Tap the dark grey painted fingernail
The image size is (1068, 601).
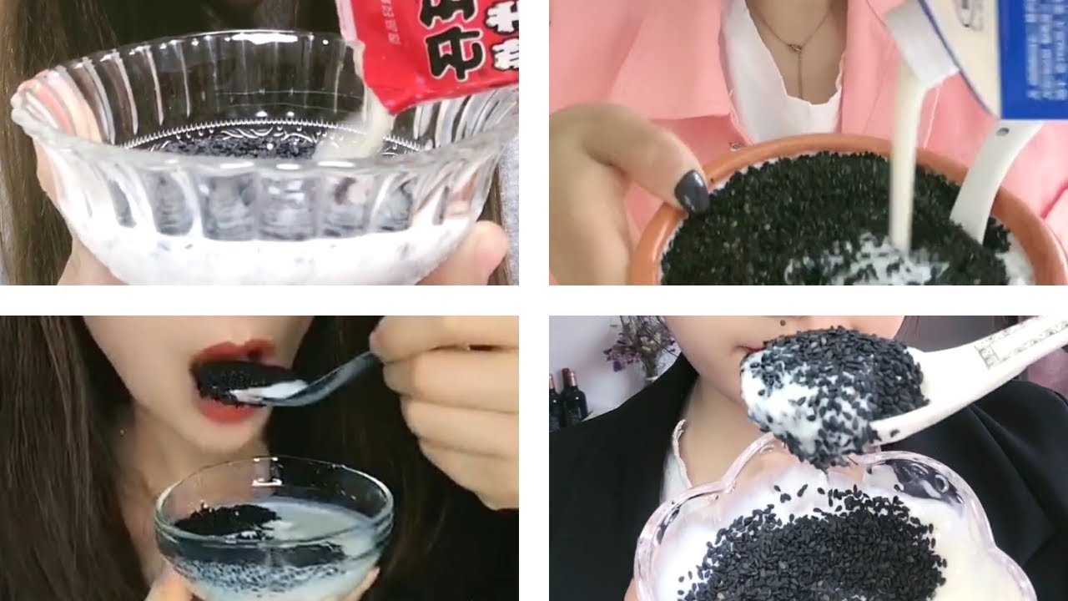click(691, 191)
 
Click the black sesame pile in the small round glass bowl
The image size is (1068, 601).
click(225, 522)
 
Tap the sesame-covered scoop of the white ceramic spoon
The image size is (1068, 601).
click(834, 392)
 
